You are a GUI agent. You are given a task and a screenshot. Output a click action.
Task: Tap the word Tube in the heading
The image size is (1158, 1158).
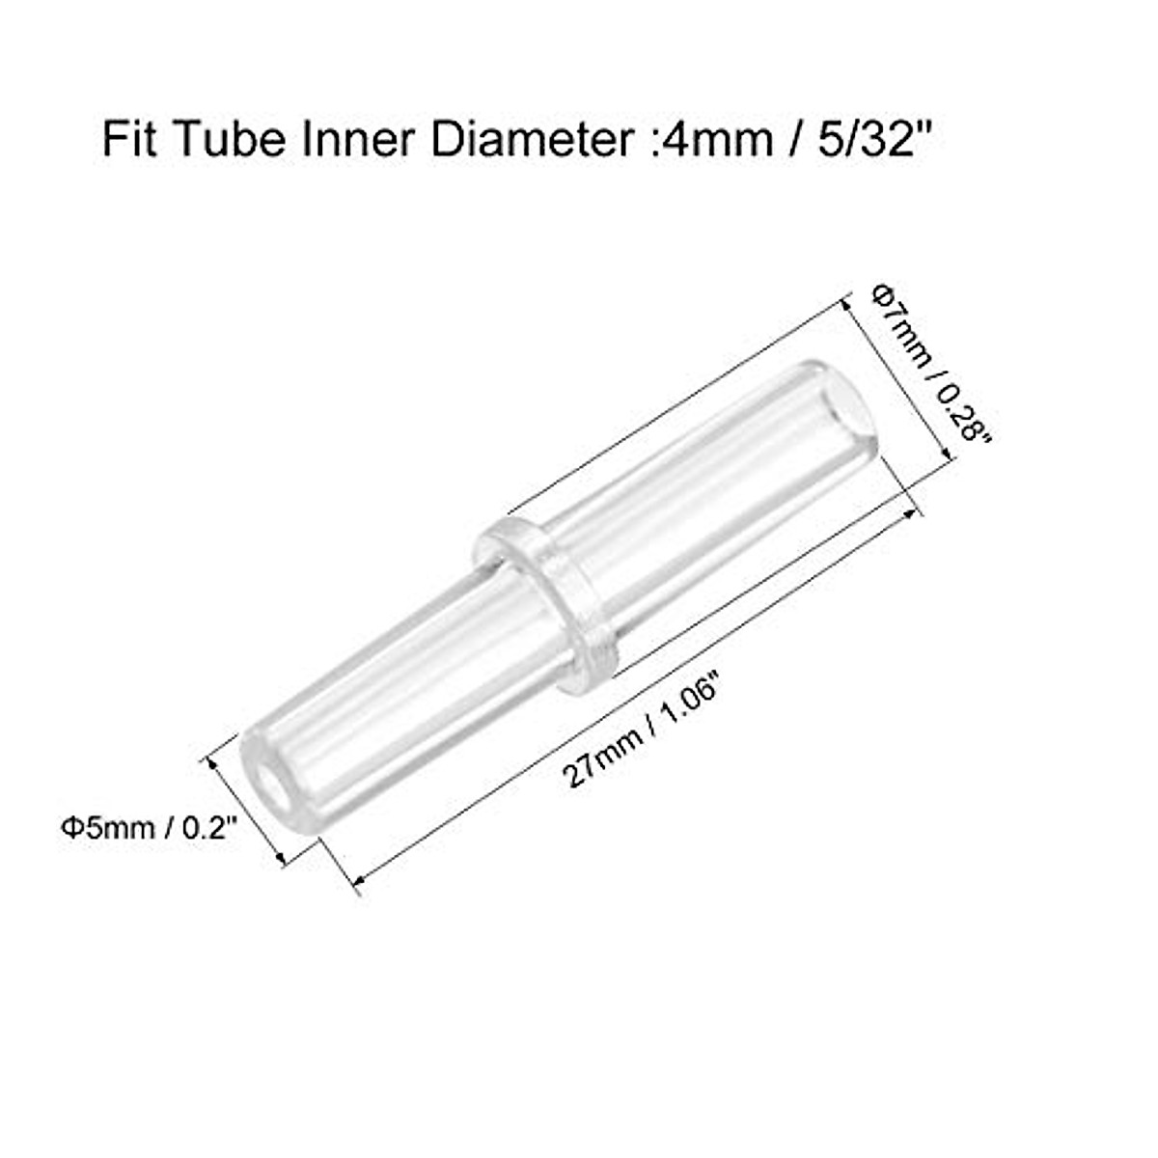pyautogui.click(x=217, y=142)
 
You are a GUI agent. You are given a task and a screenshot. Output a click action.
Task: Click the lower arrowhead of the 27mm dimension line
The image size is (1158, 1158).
pyautogui.click(x=359, y=878)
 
